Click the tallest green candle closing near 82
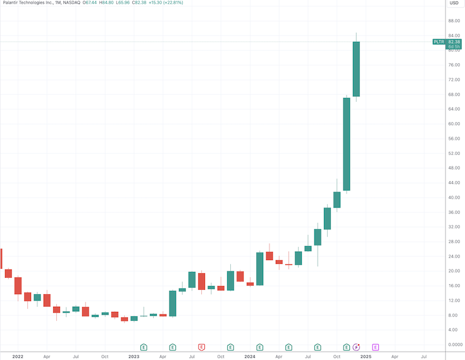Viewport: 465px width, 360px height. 356,68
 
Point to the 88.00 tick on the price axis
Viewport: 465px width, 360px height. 454,21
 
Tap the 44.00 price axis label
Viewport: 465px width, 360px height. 454,183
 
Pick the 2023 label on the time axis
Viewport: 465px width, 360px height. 133,357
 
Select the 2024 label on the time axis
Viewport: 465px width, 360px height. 250,357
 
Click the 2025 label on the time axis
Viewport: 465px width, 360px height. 365,357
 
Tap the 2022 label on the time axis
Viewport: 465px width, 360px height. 17,357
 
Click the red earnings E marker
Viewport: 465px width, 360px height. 202,347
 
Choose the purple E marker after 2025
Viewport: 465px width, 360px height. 375,347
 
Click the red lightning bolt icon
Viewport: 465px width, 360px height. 356,347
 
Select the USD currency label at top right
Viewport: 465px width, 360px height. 454,3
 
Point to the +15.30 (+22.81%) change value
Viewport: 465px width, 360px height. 166,3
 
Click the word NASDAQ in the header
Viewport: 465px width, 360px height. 76,3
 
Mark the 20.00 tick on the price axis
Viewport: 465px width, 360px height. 454,271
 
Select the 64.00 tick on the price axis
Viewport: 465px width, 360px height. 454,109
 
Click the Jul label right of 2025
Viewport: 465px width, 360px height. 423,357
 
